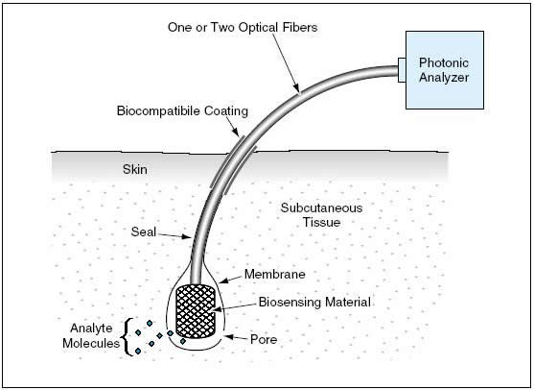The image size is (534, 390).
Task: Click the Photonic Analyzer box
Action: [x=445, y=70]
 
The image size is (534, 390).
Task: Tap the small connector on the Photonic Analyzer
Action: [x=402, y=70]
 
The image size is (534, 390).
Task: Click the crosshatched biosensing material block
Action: [x=196, y=311]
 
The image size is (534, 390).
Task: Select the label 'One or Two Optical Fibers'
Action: [x=243, y=27]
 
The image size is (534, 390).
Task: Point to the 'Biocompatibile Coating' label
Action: [x=182, y=110]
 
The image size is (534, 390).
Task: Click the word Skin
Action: [x=135, y=169]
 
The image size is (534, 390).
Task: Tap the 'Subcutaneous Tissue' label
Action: [x=321, y=215]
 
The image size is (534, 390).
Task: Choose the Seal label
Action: [x=144, y=232]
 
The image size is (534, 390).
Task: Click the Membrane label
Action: [x=275, y=274]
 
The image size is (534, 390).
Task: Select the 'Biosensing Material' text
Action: [x=314, y=302]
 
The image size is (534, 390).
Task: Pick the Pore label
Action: [x=264, y=339]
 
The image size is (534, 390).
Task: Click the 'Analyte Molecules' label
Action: [x=91, y=335]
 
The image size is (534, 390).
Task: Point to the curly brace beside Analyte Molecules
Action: [x=127, y=337]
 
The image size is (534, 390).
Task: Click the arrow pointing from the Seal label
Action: [x=174, y=235]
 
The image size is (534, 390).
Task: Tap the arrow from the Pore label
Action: [x=236, y=337]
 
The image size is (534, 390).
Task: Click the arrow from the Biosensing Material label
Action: [x=234, y=306]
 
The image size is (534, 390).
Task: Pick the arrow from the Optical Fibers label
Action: [x=286, y=63]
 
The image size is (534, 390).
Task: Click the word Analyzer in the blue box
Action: [x=444, y=78]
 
